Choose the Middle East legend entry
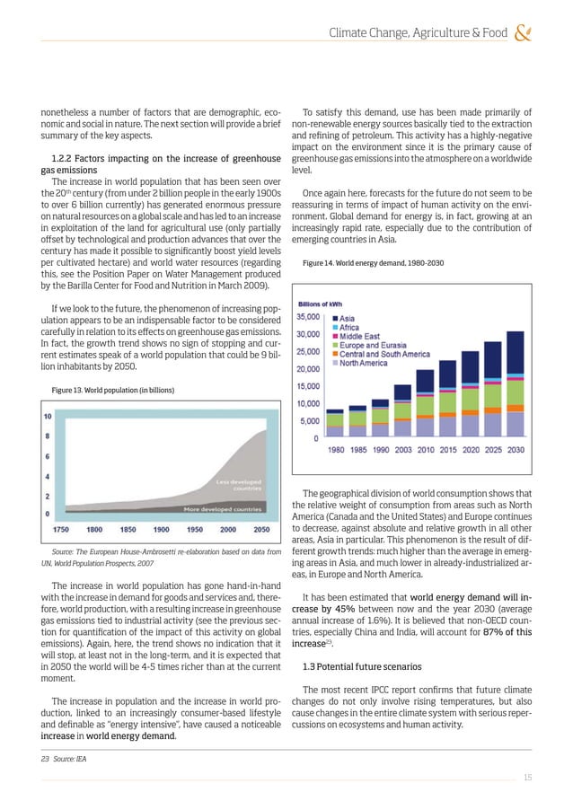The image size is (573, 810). tap(353, 336)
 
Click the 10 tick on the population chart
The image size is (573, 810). tap(47, 416)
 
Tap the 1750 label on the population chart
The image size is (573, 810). tap(63, 529)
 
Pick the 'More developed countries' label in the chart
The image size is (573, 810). tap(223, 509)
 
